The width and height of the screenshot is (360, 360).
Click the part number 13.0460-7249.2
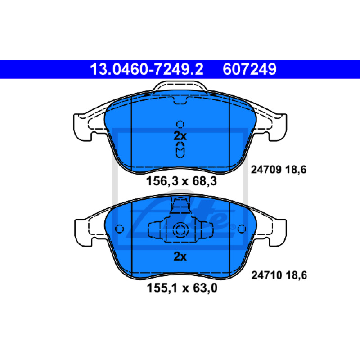[x=147, y=69]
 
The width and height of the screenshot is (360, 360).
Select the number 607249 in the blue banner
[x=250, y=69]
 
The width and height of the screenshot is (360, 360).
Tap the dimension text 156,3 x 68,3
[x=182, y=181]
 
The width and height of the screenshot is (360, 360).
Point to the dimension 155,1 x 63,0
[x=182, y=288]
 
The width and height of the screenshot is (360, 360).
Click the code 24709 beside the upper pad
[x=266, y=170]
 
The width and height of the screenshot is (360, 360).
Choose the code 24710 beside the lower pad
[x=266, y=275]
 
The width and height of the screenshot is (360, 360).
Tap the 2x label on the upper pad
[x=180, y=136]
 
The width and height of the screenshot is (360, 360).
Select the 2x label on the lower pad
[x=180, y=256]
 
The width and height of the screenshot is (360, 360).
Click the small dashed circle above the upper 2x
[x=180, y=124]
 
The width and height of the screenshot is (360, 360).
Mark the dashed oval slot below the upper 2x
[x=180, y=150]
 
